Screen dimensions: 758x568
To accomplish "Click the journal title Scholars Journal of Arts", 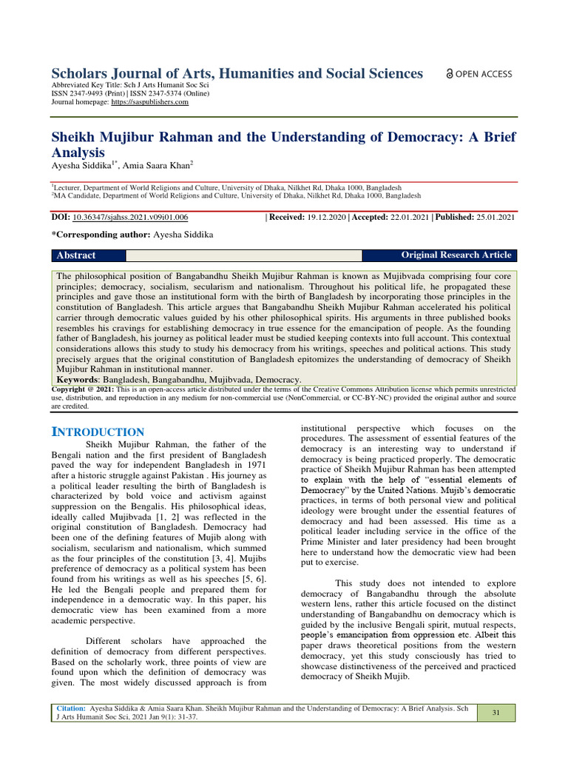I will (x=237, y=73).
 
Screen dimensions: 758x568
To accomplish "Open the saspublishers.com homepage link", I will (x=149, y=102).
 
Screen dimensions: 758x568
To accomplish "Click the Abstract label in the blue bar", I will (x=77, y=255).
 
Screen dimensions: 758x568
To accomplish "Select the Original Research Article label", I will (x=456, y=255).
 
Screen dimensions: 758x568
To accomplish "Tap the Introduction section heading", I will (x=98, y=432).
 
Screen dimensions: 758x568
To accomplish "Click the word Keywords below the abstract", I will (x=79, y=379).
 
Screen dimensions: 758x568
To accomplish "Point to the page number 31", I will (x=496, y=712).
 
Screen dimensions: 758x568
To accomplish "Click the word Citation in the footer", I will (x=71, y=708).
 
